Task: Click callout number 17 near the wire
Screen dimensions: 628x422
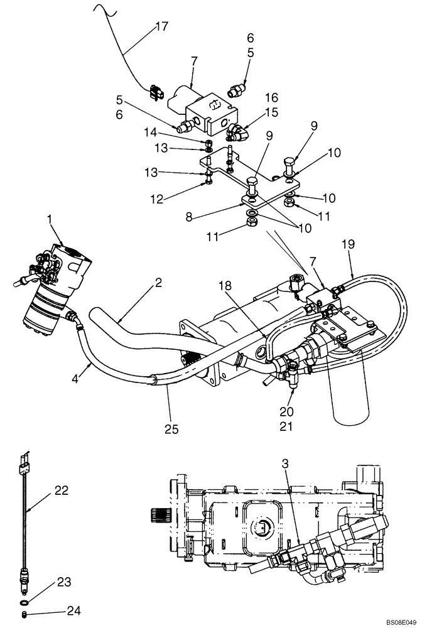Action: (x=162, y=27)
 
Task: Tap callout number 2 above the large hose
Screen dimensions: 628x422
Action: (x=159, y=283)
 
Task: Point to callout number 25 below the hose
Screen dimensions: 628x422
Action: (x=171, y=430)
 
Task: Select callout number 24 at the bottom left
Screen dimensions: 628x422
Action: (x=75, y=610)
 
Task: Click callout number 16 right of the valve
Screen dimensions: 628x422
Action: (x=272, y=99)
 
